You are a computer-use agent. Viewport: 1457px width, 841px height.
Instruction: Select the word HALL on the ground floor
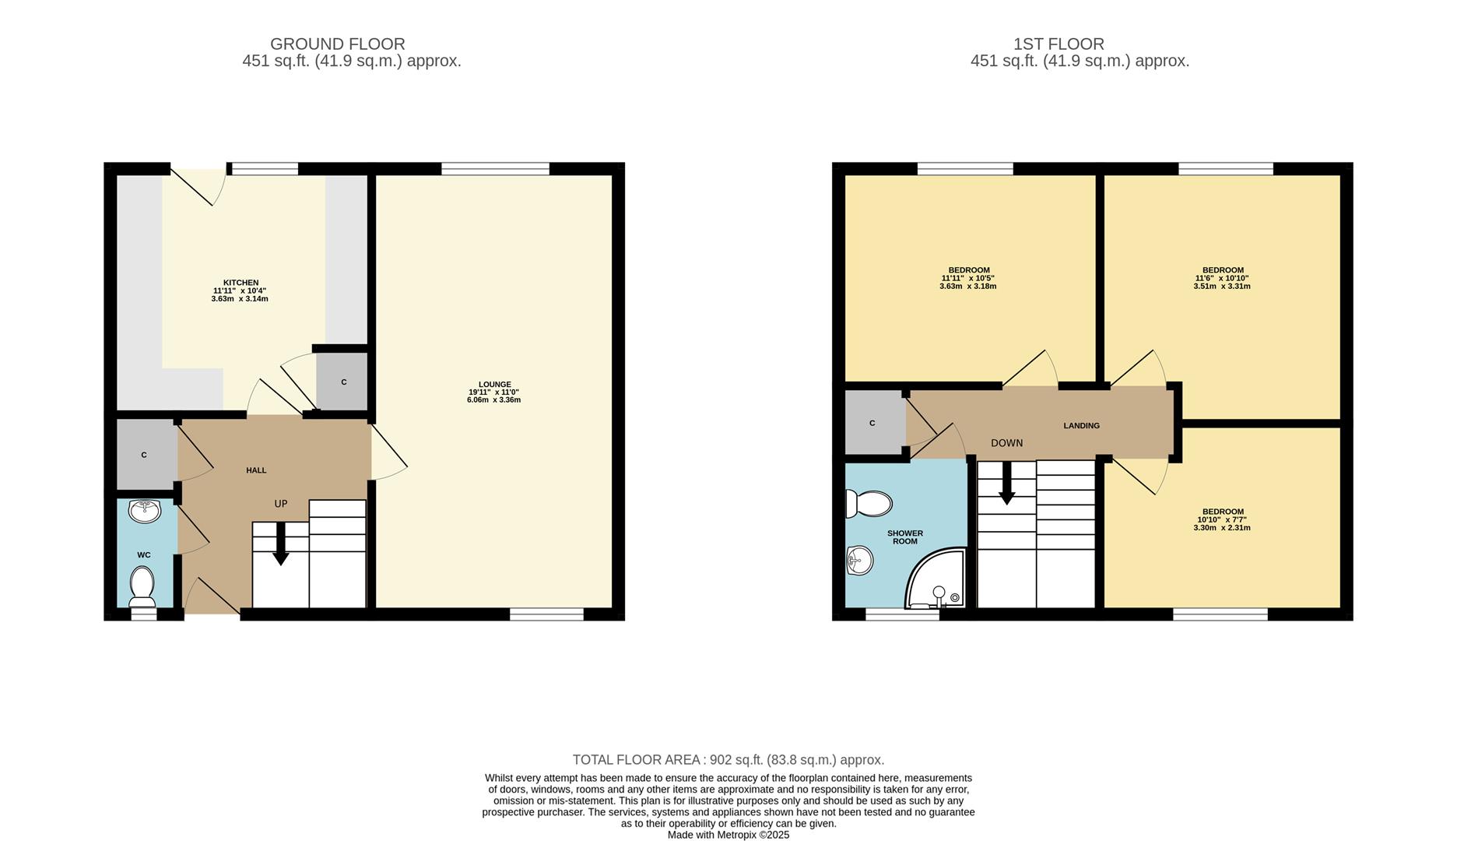(256, 470)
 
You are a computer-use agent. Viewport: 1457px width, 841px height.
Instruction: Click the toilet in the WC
(142, 586)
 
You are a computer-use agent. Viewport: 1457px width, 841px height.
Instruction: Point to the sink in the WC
(145, 511)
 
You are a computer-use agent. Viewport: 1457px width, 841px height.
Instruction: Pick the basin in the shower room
(859, 560)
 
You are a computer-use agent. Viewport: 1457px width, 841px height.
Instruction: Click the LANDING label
(1081, 426)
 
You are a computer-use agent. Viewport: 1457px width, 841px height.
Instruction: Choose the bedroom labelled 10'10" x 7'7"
(1221, 519)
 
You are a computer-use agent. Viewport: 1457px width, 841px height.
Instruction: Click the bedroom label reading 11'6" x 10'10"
(1221, 278)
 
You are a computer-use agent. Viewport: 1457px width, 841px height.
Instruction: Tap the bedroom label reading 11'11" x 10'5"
(967, 278)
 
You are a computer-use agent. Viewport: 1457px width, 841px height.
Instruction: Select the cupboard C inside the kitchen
(342, 382)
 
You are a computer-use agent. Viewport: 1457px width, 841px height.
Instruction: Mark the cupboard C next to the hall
(145, 455)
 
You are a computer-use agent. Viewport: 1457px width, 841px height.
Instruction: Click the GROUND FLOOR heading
(337, 44)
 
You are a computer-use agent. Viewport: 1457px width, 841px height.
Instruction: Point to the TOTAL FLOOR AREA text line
(728, 760)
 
